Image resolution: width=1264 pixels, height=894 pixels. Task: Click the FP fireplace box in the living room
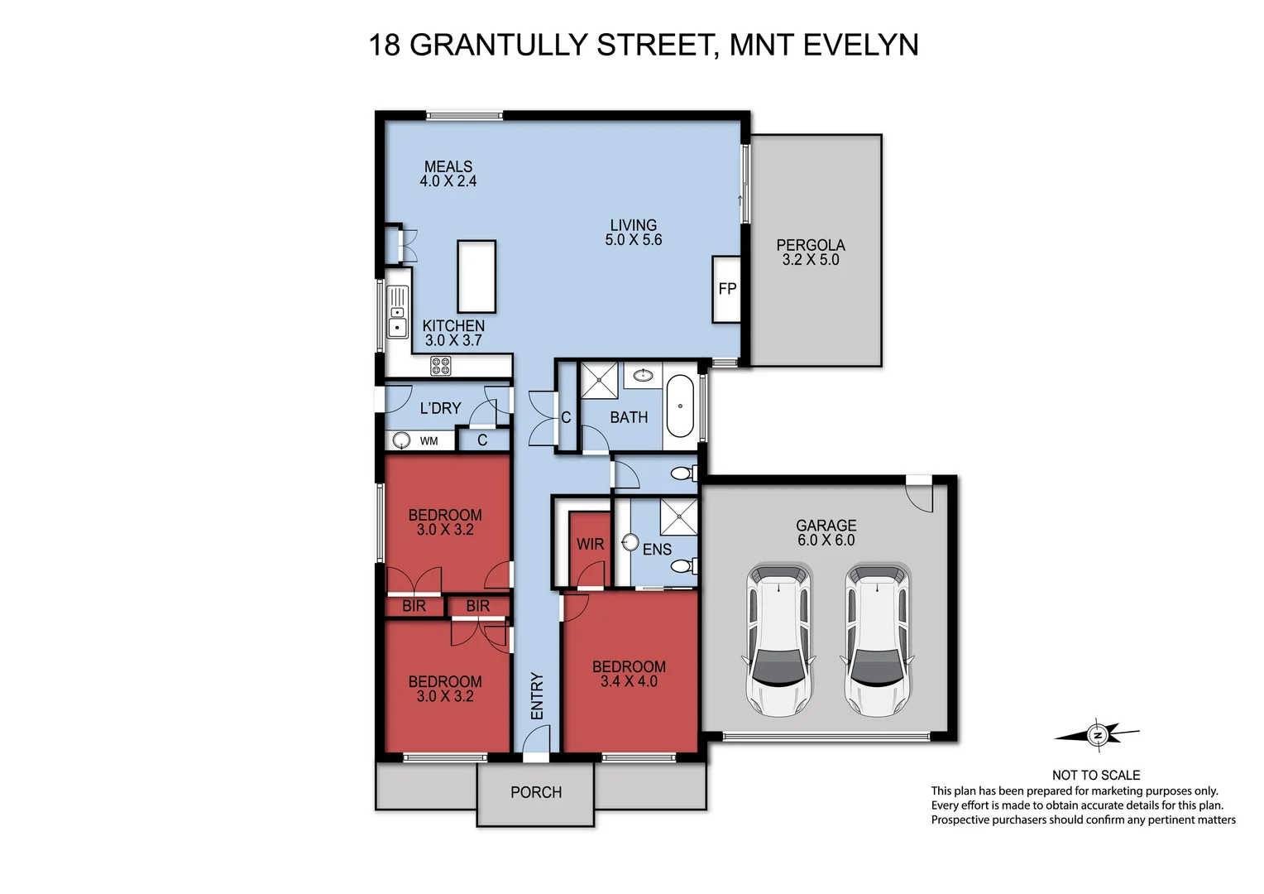pyautogui.click(x=726, y=289)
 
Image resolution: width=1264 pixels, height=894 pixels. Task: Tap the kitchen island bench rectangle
pyautogui.click(x=476, y=276)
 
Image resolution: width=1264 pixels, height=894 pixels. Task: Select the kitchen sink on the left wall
pyautogui.click(x=398, y=312)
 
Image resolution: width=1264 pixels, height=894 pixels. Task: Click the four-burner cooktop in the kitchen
pyautogui.click(x=441, y=365)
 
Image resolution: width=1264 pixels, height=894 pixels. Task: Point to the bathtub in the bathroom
pyautogui.click(x=681, y=406)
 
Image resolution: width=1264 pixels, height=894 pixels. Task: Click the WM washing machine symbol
pyautogui.click(x=402, y=440)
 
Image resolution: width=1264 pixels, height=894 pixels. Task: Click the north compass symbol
pyautogui.click(x=1098, y=734)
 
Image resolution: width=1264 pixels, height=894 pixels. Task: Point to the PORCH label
pyautogui.click(x=536, y=792)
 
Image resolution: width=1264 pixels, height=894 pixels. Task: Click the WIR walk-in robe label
pyautogui.click(x=590, y=544)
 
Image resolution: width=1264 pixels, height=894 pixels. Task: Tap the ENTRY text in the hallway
pyautogui.click(x=537, y=696)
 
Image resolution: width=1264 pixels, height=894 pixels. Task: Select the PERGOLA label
pyautogui.click(x=811, y=245)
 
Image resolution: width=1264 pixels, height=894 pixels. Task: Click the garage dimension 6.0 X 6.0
pyautogui.click(x=826, y=540)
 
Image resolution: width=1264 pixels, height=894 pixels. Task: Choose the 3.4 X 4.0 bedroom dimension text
pyautogui.click(x=629, y=681)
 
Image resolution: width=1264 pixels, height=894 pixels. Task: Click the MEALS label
pyautogui.click(x=448, y=166)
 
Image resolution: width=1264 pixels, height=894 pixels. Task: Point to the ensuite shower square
pyautogui.click(x=678, y=517)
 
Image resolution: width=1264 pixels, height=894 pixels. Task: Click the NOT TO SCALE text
pyautogui.click(x=1095, y=775)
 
